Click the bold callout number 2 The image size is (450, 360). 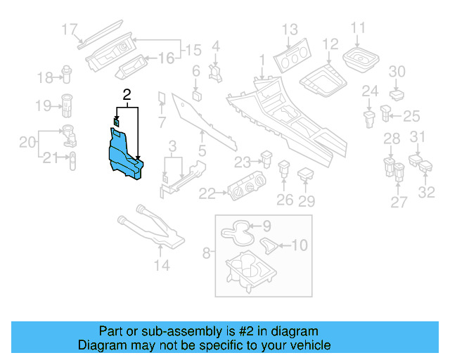127,94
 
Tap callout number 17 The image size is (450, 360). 69,30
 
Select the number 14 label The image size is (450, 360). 162,265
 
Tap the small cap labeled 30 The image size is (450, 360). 397,92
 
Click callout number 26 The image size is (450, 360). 284,200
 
